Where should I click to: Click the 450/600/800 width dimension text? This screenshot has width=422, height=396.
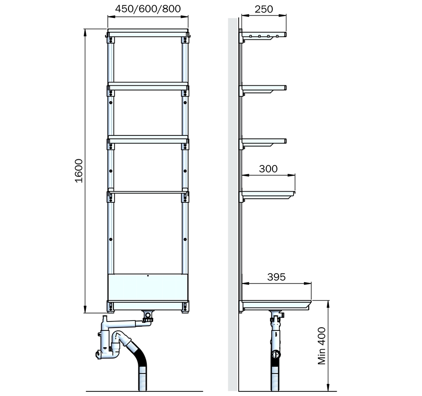click(148, 9)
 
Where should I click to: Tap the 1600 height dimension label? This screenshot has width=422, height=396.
click(79, 171)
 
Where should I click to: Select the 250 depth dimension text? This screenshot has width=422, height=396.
click(264, 9)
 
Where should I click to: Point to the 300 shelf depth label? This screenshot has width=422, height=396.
click(268, 169)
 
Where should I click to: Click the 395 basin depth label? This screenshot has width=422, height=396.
click(276, 277)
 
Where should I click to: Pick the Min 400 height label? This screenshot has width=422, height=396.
click(322, 346)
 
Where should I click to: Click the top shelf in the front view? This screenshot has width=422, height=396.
click(148, 33)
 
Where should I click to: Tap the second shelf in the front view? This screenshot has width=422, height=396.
click(148, 86)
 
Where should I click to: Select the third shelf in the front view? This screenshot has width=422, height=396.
click(148, 139)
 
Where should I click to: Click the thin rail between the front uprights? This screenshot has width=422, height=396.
click(148, 192)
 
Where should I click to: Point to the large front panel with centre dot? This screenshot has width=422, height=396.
click(148, 287)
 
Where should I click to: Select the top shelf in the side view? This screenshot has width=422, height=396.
click(264, 35)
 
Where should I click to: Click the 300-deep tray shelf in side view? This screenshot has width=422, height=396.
click(268, 194)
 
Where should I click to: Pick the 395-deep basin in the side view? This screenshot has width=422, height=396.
click(276, 304)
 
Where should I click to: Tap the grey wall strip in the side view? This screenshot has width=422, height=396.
click(233, 204)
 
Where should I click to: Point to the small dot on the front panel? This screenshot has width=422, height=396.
click(148, 276)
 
